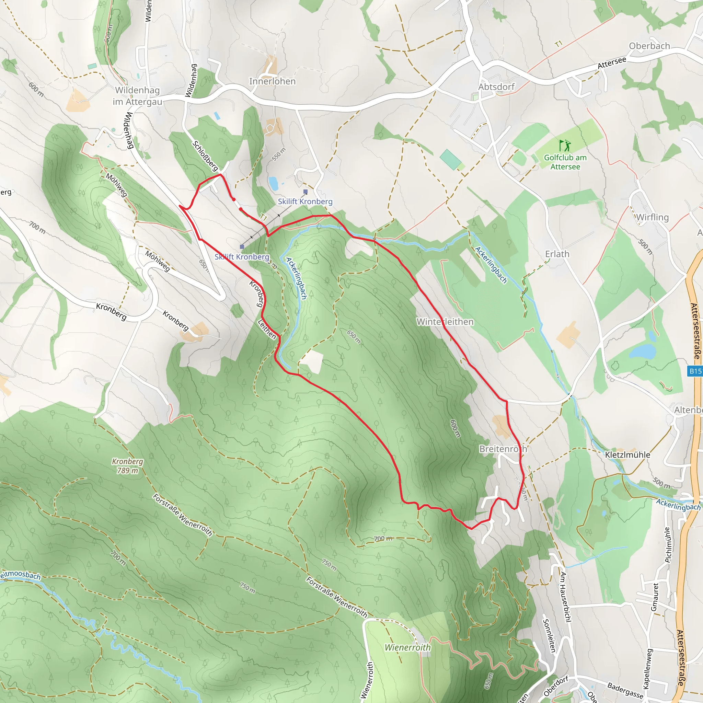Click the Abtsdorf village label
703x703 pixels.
click(x=496, y=87)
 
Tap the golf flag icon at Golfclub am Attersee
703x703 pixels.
click(x=565, y=146)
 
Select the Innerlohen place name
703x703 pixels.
click(x=272, y=81)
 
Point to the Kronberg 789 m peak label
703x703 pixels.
click(x=127, y=466)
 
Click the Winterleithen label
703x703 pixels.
click(x=445, y=322)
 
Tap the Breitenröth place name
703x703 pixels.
click(x=503, y=449)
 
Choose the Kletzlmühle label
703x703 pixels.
click(x=627, y=455)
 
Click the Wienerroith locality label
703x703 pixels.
click(x=407, y=647)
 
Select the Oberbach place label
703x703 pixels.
click(x=649, y=46)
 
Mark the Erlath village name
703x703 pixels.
click(x=557, y=254)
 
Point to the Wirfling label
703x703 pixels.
click(x=653, y=217)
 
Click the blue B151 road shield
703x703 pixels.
click(x=696, y=371)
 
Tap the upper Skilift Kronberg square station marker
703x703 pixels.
click(x=306, y=192)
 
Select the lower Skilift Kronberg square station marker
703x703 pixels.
click(x=242, y=247)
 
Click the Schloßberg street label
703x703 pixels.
click(x=205, y=156)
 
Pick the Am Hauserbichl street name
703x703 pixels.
click(x=564, y=597)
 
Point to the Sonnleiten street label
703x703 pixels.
click(x=549, y=635)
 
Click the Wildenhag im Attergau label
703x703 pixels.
click(x=137, y=96)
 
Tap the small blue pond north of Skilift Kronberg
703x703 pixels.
click(x=273, y=183)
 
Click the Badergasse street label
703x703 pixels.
click(x=625, y=691)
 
